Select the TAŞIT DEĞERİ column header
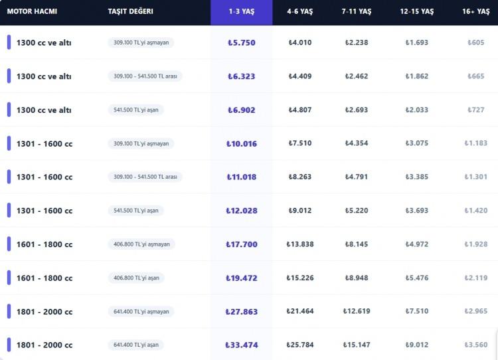(x=130, y=11)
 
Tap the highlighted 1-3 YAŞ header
(x=241, y=11)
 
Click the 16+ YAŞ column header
(x=476, y=11)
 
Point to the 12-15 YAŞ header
(x=416, y=11)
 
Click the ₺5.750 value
(x=241, y=43)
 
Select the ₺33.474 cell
(x=241, y=345)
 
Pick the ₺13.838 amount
(x=301, y=244)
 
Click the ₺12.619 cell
(x=357, y=312)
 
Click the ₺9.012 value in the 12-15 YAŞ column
(x=417, y=345)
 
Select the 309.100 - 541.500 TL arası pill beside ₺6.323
(x=145, y=76)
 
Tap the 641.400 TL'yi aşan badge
(x=137, y=345)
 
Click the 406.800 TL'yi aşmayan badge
(x=141, y=244)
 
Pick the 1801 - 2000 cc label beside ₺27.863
(x=44, y=312)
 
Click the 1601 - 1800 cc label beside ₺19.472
(x=44, y=278)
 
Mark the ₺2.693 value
(x=357, y=110)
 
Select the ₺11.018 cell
(x=241, y=177)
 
